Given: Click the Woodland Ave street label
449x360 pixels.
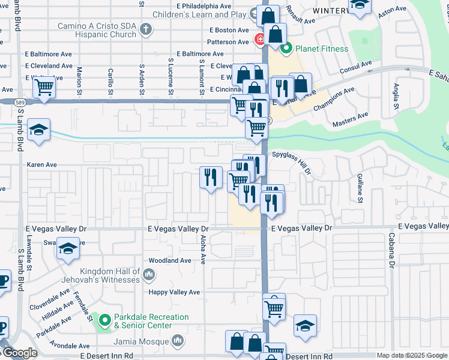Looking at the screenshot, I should click(x=170, y=260).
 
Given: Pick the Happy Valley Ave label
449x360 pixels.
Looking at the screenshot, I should click(x=175, y=292).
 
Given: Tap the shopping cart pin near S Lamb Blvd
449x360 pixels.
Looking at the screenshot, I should click(x=44, y=87).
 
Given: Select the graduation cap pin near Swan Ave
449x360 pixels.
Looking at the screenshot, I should click(x=68, y=248).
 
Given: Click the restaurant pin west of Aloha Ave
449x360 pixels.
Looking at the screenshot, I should click(x=210, y=178).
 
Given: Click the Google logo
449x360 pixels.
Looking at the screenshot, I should click(x=19, y=353).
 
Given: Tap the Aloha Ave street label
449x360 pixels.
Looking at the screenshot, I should click(x=203, y=250).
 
